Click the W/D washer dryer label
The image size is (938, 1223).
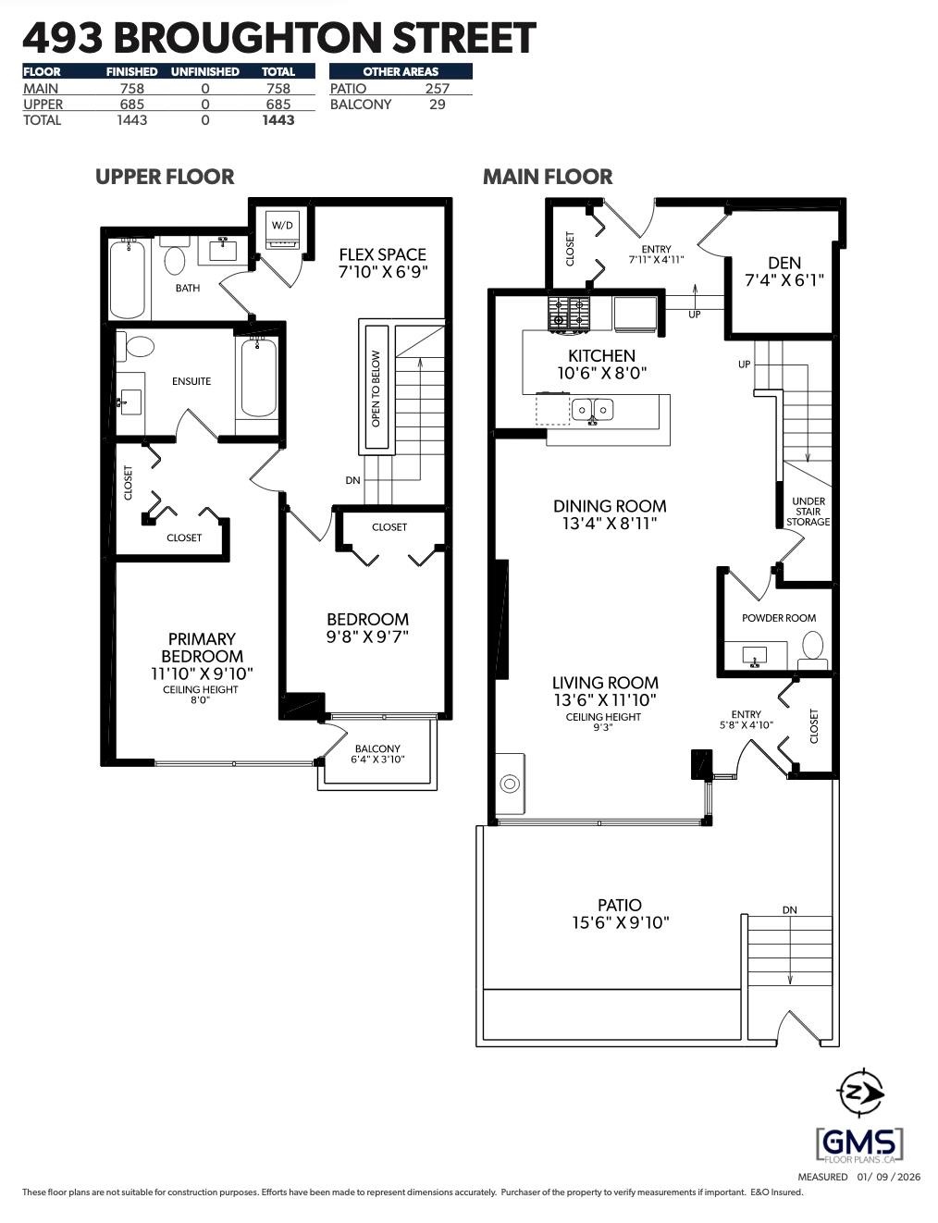tap(281, 225)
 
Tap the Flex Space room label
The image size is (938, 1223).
tap(383, 254)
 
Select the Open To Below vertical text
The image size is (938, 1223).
tap(376, 388)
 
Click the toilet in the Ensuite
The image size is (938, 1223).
tap(140, 347)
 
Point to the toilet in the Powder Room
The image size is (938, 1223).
tap(812, 645)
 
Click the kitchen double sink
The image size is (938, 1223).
tap(592, 408)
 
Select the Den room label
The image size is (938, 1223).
tap(784, 263)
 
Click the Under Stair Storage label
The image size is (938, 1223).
tap(808, 512)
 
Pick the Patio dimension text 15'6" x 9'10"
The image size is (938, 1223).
tap(620, 922)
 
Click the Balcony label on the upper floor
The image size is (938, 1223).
tap(377, 748)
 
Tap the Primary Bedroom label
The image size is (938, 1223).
tap(202, 648)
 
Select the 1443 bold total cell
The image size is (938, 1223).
tap(278, 120)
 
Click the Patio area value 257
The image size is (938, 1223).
tap(437, 89)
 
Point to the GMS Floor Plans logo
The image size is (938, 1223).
tap(860, 1145)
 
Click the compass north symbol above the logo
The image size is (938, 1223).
tap(860, 1094)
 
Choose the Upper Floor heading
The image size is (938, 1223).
tap(165, 177)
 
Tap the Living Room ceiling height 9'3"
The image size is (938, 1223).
tap(603, 728)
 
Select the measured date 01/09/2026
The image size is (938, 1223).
tap(888, 1177)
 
